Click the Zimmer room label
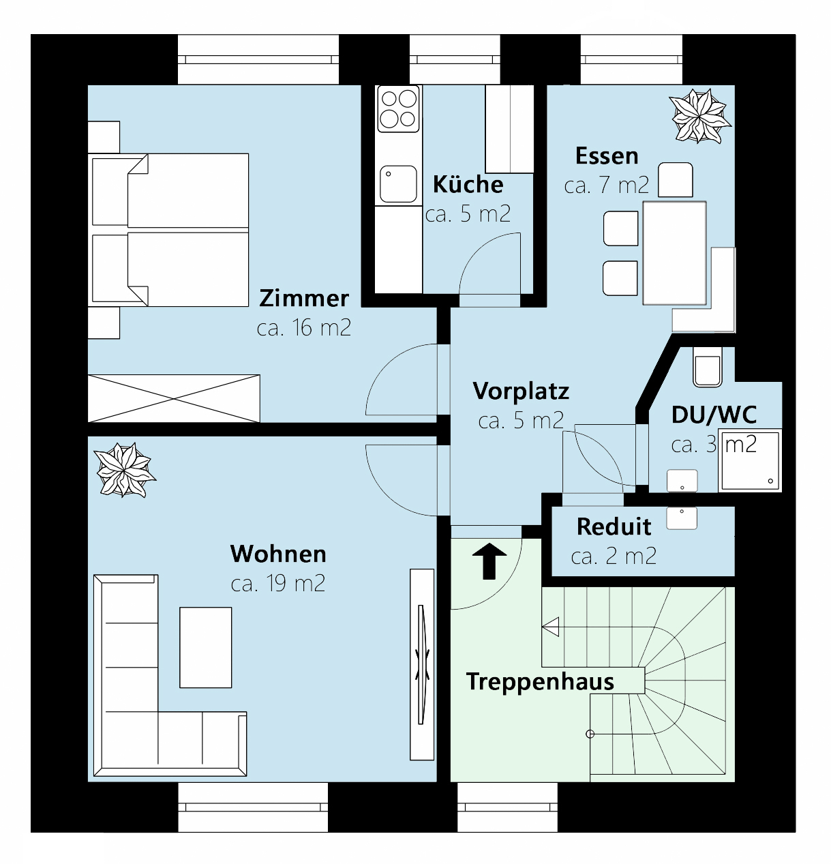click(x=304, y=299)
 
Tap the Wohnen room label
click(x=278, y=554)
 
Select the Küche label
click(x=468, y=184)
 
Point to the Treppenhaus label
click(x=540, y=681)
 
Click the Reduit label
click(x=614, y=526)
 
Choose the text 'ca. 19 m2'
click(x=278, y=584)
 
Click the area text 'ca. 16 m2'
click(x=304, y=328)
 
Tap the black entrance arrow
click(x=489, y=561)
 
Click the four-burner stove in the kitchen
click(x=399, y=109)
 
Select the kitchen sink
click(x=398, y=183)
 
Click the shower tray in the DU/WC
click(x=749, y=460)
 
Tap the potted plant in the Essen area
click(x=699, y=116)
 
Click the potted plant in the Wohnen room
click(x=124, y=470)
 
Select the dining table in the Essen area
click(x=674, y=252)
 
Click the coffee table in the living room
click(x=205, y=647)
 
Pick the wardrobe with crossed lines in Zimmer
click(x=174, y=398)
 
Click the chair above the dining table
click(x=676, y=180)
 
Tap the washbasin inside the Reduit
click(x=682, y=518)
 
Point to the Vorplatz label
click(x=521, y=391)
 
